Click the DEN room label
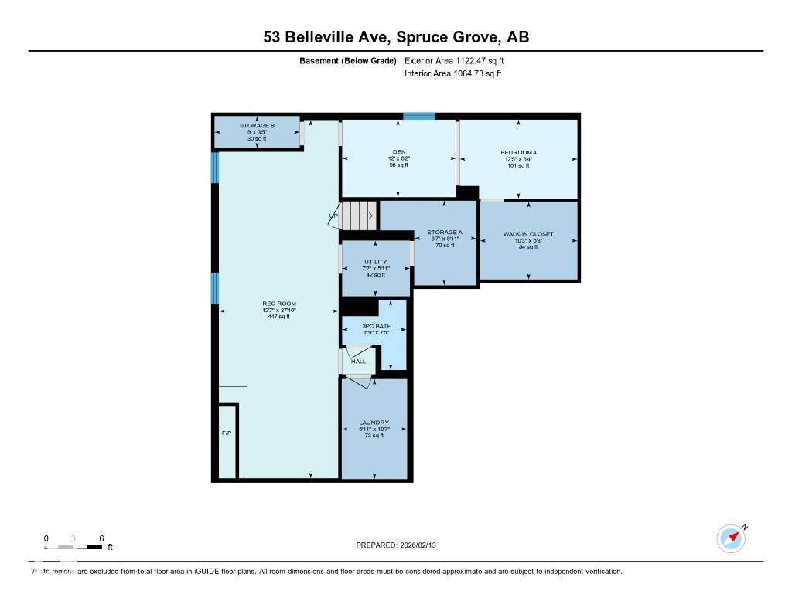(399, 151)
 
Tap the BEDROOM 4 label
(518, 152)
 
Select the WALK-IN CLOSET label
(528, 233)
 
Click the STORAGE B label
(257, 125)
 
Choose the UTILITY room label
(375, 262)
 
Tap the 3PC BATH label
(377, 326)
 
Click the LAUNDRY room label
(374, 423)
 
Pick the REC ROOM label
(279, 304)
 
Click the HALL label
(358, 361)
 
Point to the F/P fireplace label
(227, 433)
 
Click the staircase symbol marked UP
(358, 216)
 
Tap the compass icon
(731, 538)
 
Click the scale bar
(73, 547)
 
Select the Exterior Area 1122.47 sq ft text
(454, 60)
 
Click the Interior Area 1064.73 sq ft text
(452, 73)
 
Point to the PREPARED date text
(401, 545)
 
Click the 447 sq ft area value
(279, 317)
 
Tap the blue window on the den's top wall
(418, 116)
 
